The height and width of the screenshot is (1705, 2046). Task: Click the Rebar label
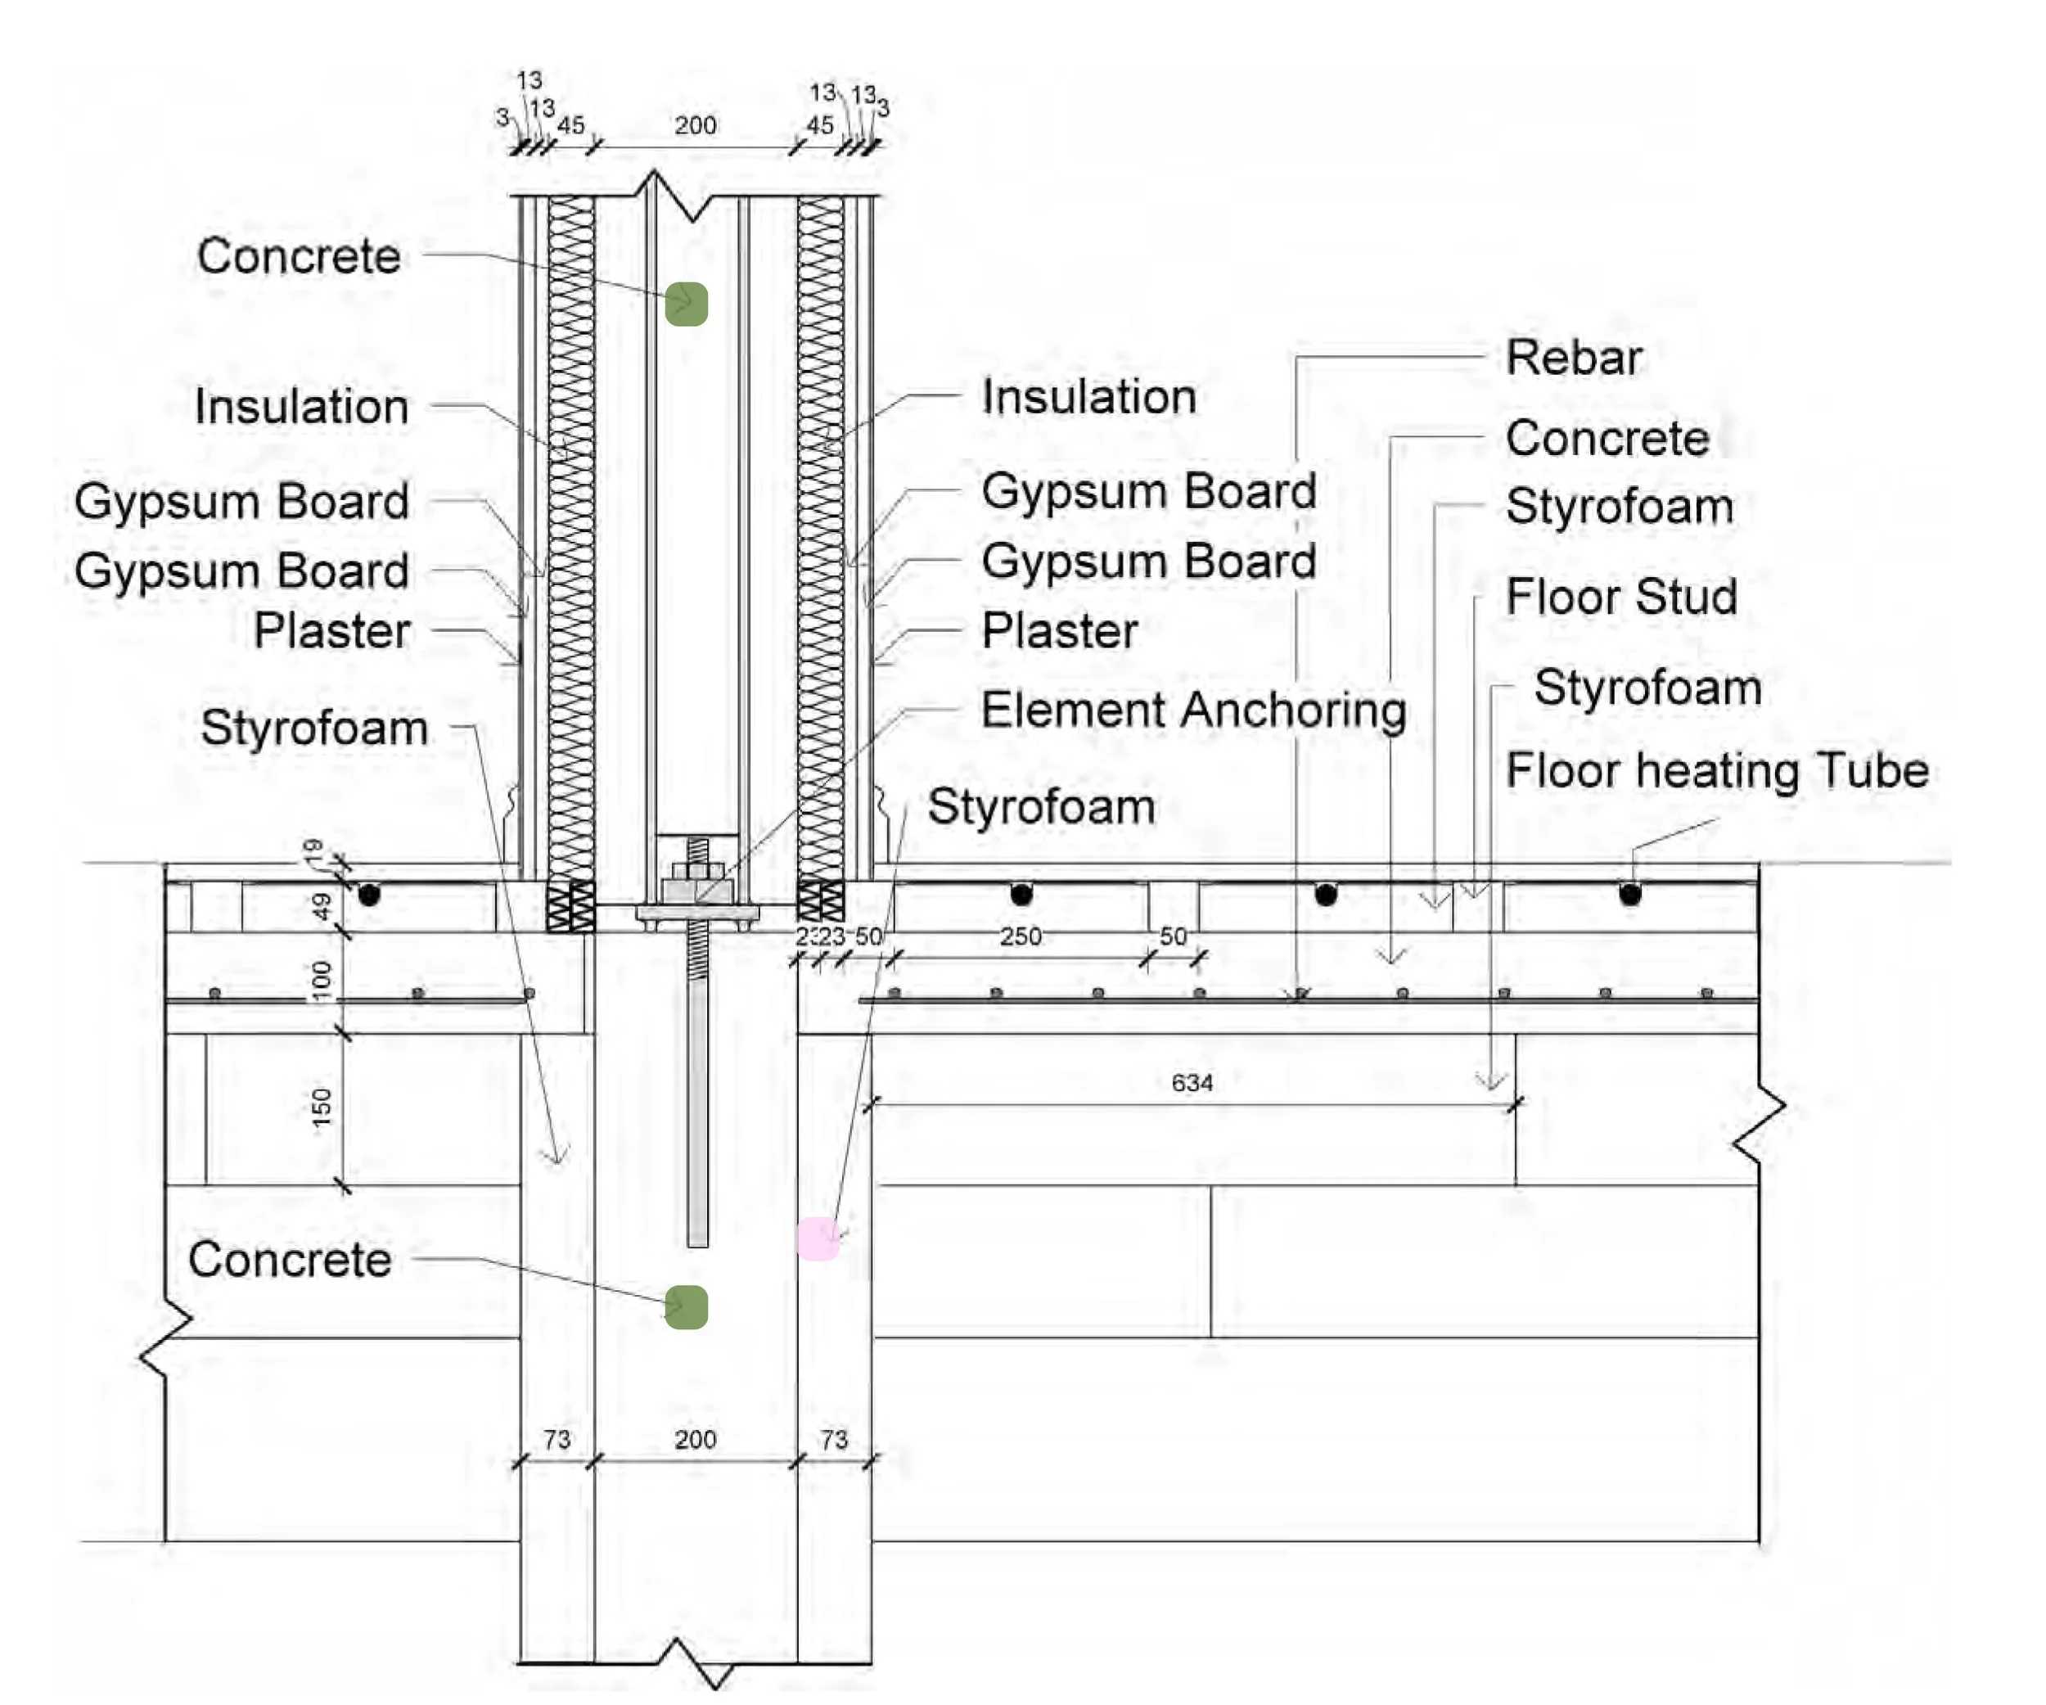tap(1574, 358)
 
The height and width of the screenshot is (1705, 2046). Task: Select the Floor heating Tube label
tap(1717, 771)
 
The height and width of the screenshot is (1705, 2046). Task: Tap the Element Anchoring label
tap(1193, 710)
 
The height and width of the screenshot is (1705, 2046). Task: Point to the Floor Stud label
tap(1621, 596)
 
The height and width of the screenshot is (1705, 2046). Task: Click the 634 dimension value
tap(1192, 1082)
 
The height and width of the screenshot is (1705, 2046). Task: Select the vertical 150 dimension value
tap(322, 1107)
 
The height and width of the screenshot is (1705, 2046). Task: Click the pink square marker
tap(818, 1238)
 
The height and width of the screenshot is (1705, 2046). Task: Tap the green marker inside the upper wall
tap(686, 304)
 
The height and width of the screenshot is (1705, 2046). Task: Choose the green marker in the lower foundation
tap(686, 1307)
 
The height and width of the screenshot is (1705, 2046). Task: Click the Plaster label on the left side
tap(332, 630)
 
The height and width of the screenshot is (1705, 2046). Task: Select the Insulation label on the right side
tap(1088, 396)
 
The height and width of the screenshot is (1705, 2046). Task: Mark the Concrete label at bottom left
tap(290, 1260)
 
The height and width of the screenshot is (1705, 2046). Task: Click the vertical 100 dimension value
tap(322, 980)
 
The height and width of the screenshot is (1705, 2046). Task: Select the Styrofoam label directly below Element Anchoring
tap(1040, 807)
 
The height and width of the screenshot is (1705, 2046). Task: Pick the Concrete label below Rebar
tap(1607, 437)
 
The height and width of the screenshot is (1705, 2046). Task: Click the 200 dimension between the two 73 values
tap(695, 1439)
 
